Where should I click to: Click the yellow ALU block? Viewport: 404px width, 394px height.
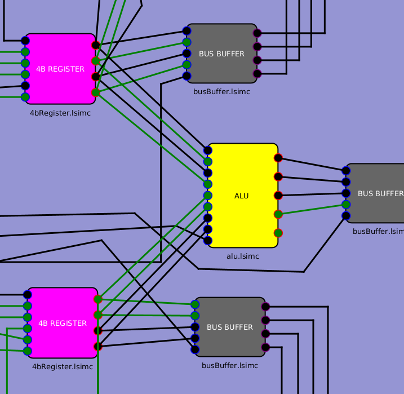[x=242, y=196]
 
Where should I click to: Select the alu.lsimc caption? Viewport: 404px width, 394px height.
[x=242, y=256]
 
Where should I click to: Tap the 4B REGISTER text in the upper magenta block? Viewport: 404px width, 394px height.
[x=60, y=69]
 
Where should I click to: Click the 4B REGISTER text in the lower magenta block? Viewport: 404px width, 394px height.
[x=63, y=324]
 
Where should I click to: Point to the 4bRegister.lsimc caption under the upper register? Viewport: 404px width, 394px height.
[x=60, y=113]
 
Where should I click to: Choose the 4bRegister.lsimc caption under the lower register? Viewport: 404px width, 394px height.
[x=63, y=366]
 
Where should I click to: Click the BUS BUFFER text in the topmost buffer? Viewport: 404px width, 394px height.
[x=221, y=54]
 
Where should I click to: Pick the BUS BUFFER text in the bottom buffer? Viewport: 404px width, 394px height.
[x=230, y=327]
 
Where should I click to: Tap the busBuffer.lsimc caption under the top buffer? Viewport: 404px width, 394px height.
[x=221, y=91]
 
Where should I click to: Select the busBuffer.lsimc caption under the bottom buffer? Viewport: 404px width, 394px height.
[x=230, y=365]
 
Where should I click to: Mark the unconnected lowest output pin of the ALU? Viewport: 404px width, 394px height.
[x=278, y=233]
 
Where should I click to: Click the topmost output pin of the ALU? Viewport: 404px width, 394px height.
[x=278, y=158]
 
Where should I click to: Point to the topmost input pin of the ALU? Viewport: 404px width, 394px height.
[x=208, y=150]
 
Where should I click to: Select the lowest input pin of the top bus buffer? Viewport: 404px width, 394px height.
[x=187, y=76]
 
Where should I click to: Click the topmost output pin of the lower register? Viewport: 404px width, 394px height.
[x=98, y=299]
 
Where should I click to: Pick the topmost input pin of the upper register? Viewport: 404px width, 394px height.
[x=25, y=41]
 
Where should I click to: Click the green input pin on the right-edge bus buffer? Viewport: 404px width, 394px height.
[x=346, y=205]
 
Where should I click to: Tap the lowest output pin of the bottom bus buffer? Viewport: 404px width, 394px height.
[x=266, y=347]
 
